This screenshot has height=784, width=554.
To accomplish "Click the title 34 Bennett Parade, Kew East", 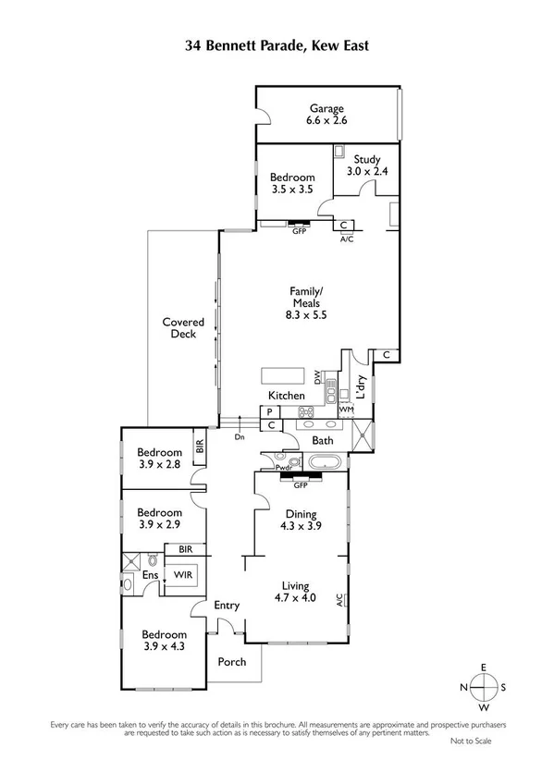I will tap(277, 43).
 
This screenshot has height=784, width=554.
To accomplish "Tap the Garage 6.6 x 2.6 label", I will tap(327, 114).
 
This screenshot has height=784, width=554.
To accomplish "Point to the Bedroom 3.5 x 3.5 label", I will tap(292, 183).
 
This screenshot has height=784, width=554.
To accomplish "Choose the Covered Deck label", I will tap(183, 328).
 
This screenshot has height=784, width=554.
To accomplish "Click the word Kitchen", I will tap(286, 396).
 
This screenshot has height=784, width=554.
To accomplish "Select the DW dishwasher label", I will tap(318, 378).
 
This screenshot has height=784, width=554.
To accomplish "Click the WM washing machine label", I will tap(346, 409).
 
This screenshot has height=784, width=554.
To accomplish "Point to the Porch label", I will tap(231, 663).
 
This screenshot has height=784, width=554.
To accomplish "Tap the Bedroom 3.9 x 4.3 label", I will tap(165, 641).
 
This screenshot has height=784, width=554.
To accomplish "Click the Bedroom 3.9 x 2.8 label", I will tap(160, 459).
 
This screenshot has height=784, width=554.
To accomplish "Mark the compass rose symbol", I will tap(483, 688).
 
